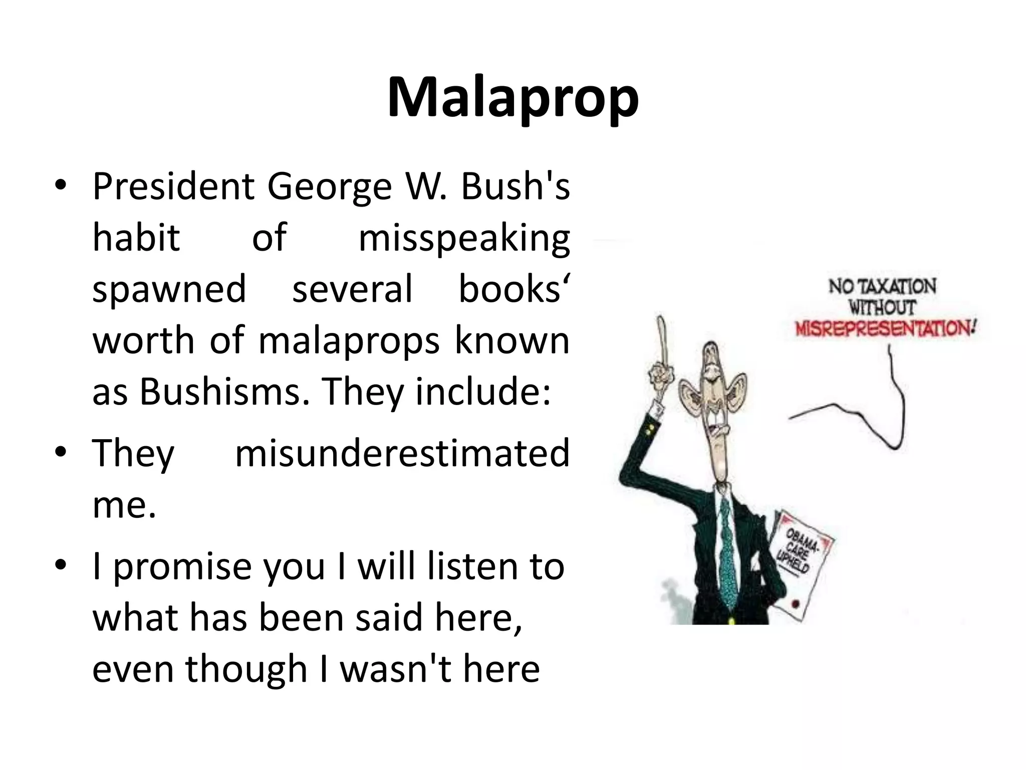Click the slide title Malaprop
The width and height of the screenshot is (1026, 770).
(x=512, y=98)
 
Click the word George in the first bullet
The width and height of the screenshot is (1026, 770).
(x=329, y=186)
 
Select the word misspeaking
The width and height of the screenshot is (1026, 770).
(x=464, y=238)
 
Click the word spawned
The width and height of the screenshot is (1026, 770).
(x=169, y=289)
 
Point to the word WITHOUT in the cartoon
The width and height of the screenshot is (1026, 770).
(x=882, y=307)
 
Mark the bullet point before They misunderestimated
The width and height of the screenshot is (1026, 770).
(x=61, y=452)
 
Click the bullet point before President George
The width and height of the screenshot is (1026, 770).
(x=61, y=186)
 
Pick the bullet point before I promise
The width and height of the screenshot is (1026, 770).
(x=61, y=566)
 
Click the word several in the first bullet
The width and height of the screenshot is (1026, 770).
(x=352, y=289)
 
